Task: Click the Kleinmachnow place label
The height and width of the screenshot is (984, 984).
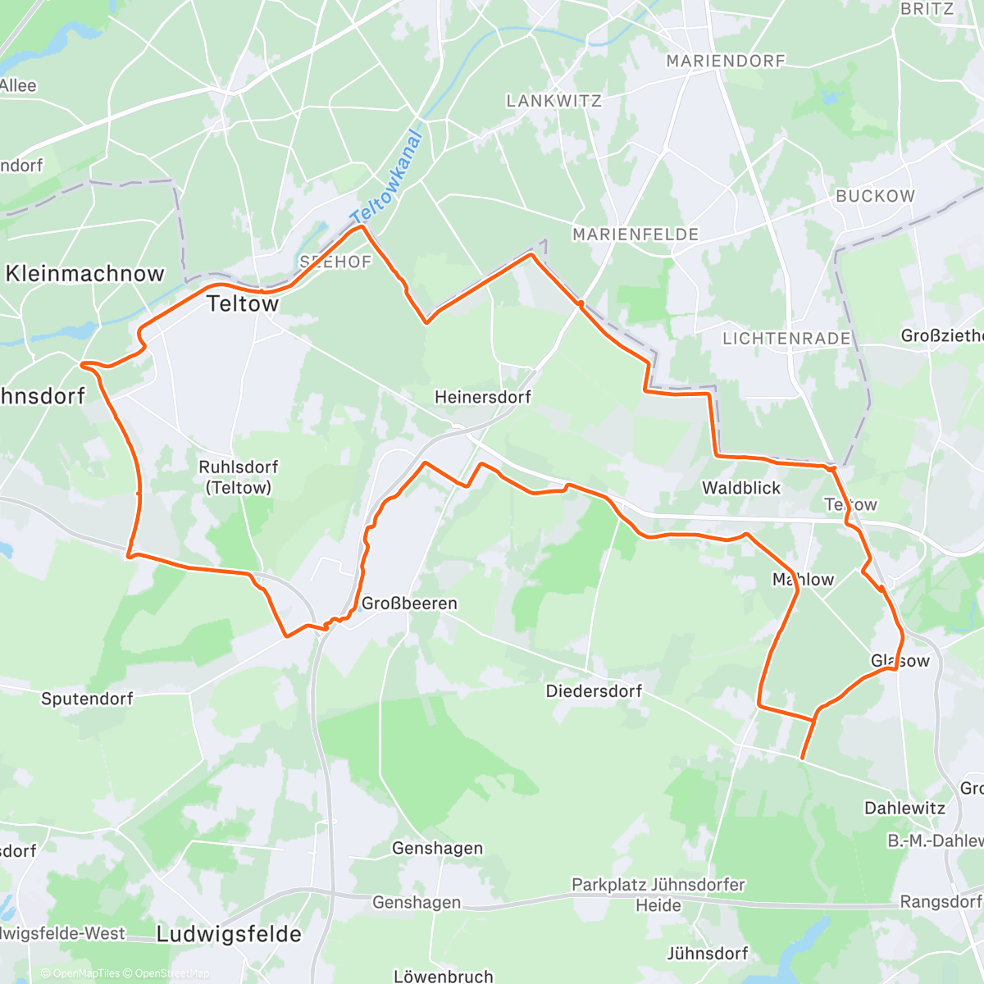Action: click(84, 274)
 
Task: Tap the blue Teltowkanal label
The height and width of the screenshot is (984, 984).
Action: click(385, 176)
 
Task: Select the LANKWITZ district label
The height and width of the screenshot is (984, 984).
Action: click(553, 101)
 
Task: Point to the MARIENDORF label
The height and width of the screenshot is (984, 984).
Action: click(726, 61)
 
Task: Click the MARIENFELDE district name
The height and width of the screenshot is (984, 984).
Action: click(635, 235)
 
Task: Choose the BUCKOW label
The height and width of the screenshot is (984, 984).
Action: click(875, 196)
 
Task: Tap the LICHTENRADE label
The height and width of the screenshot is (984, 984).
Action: click(786, 338)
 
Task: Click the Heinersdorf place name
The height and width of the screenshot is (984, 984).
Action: click(482, 397)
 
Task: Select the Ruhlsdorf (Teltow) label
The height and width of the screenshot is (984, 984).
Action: click(239, 477)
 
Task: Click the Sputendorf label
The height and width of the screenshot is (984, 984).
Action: click(87, 699)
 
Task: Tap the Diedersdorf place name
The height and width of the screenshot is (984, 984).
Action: click(594, 691)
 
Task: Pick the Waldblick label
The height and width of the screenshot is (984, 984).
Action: click(741, 488)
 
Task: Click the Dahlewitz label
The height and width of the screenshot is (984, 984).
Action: click(904, 808)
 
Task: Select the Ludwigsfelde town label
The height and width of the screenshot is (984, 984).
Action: click(229, 934)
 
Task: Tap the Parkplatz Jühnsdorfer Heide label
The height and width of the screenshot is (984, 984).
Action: click(658, 895)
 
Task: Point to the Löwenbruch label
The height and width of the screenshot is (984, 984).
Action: click(444, 977)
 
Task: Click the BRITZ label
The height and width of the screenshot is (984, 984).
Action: click(927, 9)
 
